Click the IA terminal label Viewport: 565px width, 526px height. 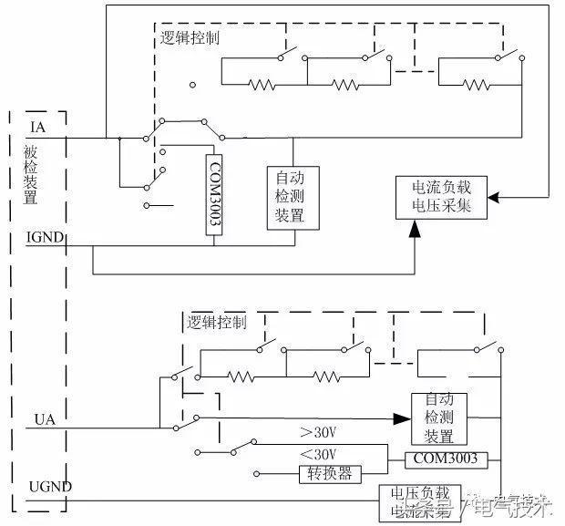[38, 126]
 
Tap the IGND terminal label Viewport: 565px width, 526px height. [45, 238]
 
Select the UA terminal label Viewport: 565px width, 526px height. [45, 418]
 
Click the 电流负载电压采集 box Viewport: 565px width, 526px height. [442, 196]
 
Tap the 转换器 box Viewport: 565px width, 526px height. [331, 474]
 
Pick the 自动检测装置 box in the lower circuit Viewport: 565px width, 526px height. [439, 418]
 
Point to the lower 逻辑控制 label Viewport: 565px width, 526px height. [216, 323]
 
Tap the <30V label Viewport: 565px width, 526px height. [318, 454]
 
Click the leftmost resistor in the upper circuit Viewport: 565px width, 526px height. [262, 85]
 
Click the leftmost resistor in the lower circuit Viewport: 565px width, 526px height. [240, 376]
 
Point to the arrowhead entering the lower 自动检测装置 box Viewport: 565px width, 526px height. [400, 418]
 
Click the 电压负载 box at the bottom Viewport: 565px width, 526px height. [419, 501]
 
